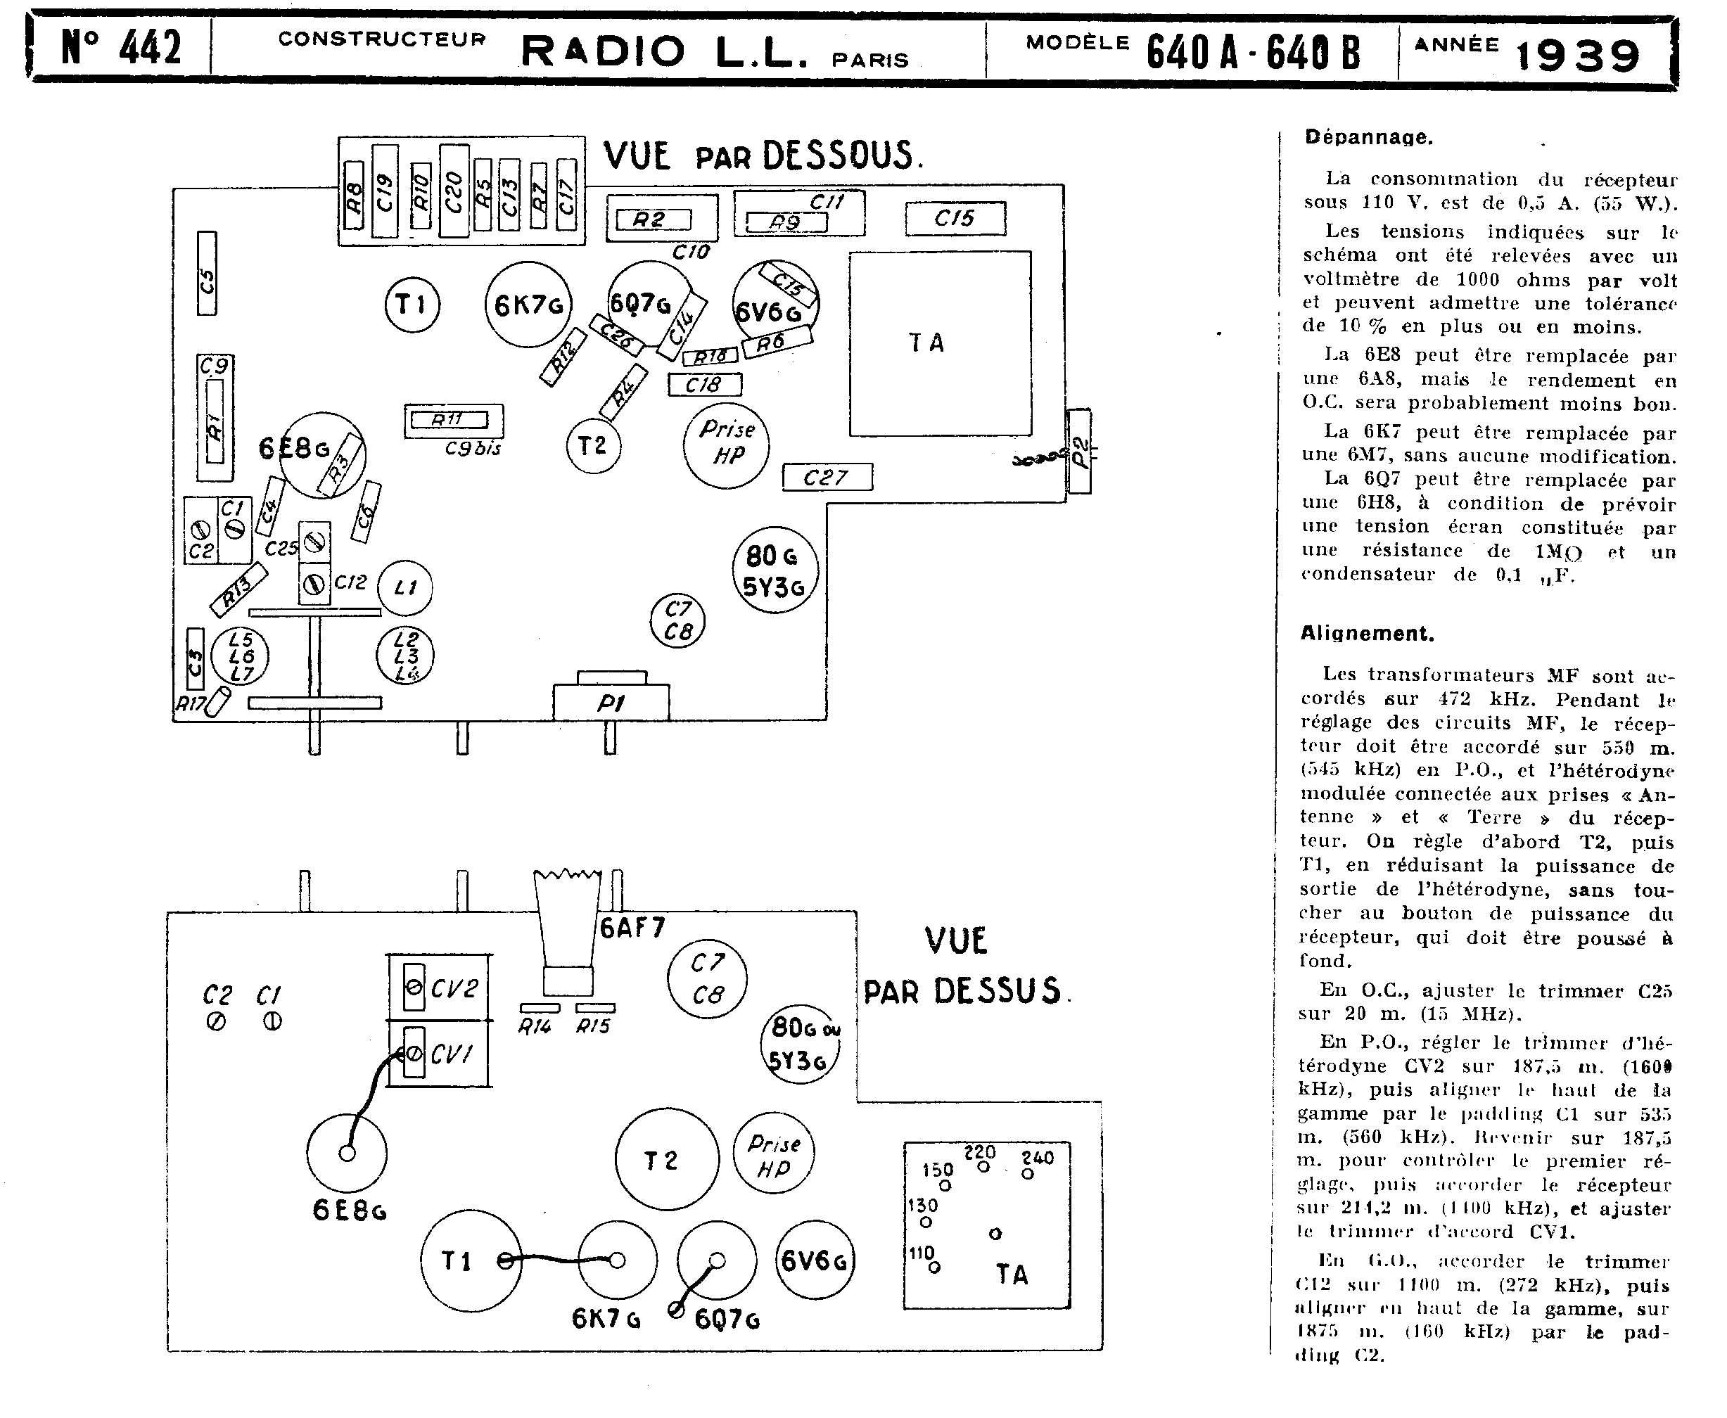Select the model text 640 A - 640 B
click(x=1252, y=53)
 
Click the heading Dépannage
click(x=1368, y=137)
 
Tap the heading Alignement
click(x=1367, y=633)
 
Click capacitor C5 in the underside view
click(x=207, y=274)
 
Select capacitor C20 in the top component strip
click(x=454, y=191)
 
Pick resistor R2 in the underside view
click(x=653, y=219)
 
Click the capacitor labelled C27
click(x=827, y=477)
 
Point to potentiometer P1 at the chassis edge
click(x=611, y=702)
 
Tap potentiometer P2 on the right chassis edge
click(x=1079, y=452)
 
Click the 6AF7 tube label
click(x=632, y=927)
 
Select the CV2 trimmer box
click(x=440, y=988)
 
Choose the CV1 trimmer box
click(x=440, y=1054)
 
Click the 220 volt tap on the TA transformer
click(x=983, y=1166)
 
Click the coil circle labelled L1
click(x=405, y=587)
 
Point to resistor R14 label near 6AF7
click(x=535, y=1026)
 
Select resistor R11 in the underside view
click(x=449, y=420)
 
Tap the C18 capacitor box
click(x=704, y=385)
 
